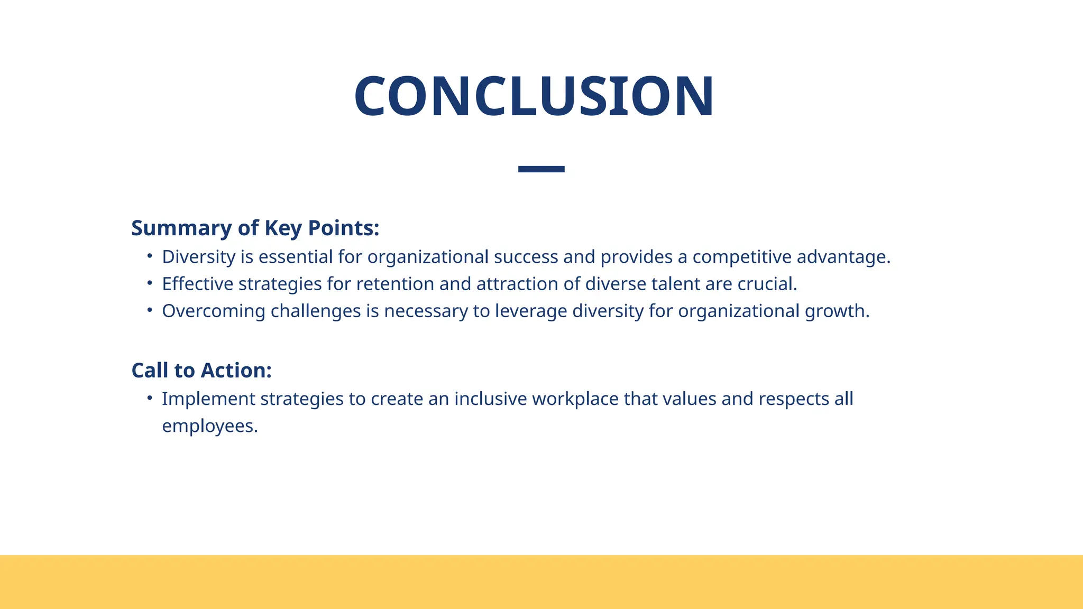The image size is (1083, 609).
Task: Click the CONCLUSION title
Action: coord(534,97)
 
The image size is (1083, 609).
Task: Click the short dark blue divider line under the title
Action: coord(541,169)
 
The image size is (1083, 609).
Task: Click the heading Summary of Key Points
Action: coord(255,228)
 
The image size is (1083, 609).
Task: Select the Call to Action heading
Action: coord(201,371)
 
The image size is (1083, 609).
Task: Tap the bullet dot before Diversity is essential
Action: coord(150,256)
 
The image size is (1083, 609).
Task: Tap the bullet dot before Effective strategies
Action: coord(150,283)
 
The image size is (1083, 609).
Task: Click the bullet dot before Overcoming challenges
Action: coord(150,310)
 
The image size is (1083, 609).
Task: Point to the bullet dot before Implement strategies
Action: coord(150,398)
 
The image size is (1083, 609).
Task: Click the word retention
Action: coord(394,284)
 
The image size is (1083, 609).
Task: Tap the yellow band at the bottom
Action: coord(541,582)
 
